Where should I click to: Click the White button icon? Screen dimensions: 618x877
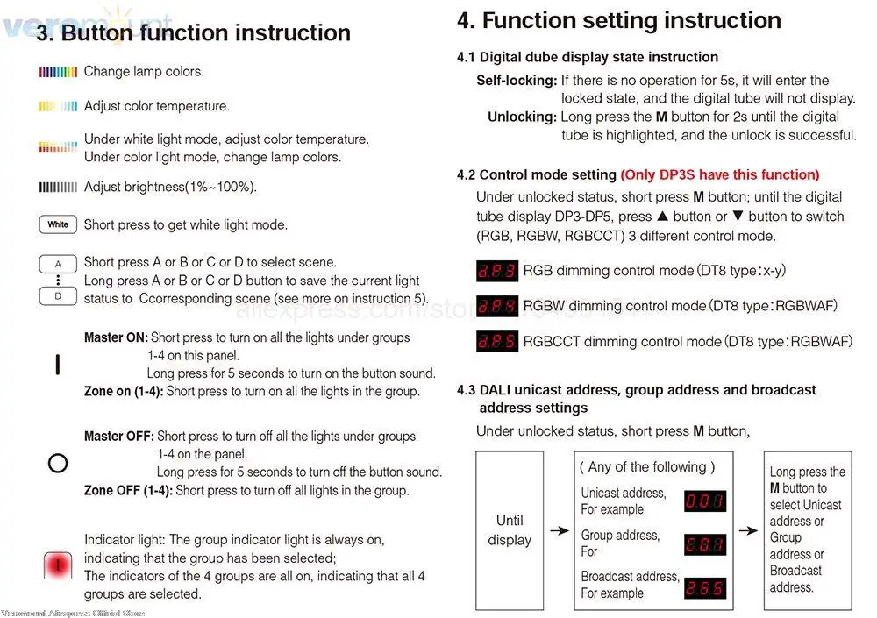(58, 224)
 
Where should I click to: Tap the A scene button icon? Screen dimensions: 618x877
(58, 263)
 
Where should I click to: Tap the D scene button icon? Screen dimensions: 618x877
(58, 296)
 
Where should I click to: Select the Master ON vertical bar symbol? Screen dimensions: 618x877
(58, 364)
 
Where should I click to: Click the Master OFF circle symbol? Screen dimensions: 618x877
(58, 463)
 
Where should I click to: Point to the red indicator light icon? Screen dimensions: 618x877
(58, 565)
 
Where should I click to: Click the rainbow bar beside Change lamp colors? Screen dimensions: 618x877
(59, 72)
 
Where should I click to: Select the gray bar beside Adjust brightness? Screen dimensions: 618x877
(59, 187)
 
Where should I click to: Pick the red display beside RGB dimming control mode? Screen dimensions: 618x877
(496, 271)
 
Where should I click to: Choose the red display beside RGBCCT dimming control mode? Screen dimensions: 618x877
(496, 341)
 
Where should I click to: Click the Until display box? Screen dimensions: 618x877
(510, 529)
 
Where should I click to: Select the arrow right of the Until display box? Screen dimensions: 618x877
(559, 530)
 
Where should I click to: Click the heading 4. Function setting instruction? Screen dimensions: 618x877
(618, 20)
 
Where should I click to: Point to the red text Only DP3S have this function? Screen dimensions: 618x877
(720, 174)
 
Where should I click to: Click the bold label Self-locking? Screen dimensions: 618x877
(517, 81)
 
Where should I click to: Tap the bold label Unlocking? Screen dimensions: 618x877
(522, 117)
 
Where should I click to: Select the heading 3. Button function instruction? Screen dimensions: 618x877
(194, 33)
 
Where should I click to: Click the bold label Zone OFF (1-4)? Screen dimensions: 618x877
(128, 491)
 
